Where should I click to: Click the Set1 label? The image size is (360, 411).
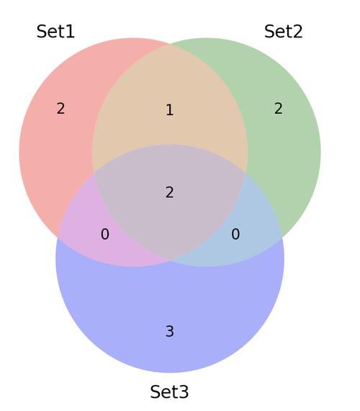[x=55, y=32]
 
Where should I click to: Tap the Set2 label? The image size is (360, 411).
[x=284, y=32]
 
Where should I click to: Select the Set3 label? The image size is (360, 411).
[x=169, y=392]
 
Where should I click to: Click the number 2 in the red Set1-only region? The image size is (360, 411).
[x=60, y=108]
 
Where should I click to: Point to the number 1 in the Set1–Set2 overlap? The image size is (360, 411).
[x=170, y=110]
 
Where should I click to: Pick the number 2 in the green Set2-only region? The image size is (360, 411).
[x=279, y=108]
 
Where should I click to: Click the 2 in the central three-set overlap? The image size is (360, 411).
[x=170, y=192]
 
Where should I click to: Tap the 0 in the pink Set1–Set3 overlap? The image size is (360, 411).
[x=105, y=234]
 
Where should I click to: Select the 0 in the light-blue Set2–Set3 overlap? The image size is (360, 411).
[x=235, y=234]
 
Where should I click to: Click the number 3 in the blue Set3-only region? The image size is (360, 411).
[x=170, y=331]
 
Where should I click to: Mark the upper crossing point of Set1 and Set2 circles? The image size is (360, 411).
[x=170, y=45]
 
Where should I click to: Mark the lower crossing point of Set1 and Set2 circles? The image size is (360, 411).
[x=170, y=261]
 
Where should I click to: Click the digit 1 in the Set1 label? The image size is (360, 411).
[x=71, y=32]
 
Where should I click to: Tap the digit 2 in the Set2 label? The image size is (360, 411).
[x=298, y=32]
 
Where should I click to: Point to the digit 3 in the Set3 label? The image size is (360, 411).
[x=184, y=392]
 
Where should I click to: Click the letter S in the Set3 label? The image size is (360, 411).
[x=155, y=392]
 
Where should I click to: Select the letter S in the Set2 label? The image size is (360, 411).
[x=269, y=32]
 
